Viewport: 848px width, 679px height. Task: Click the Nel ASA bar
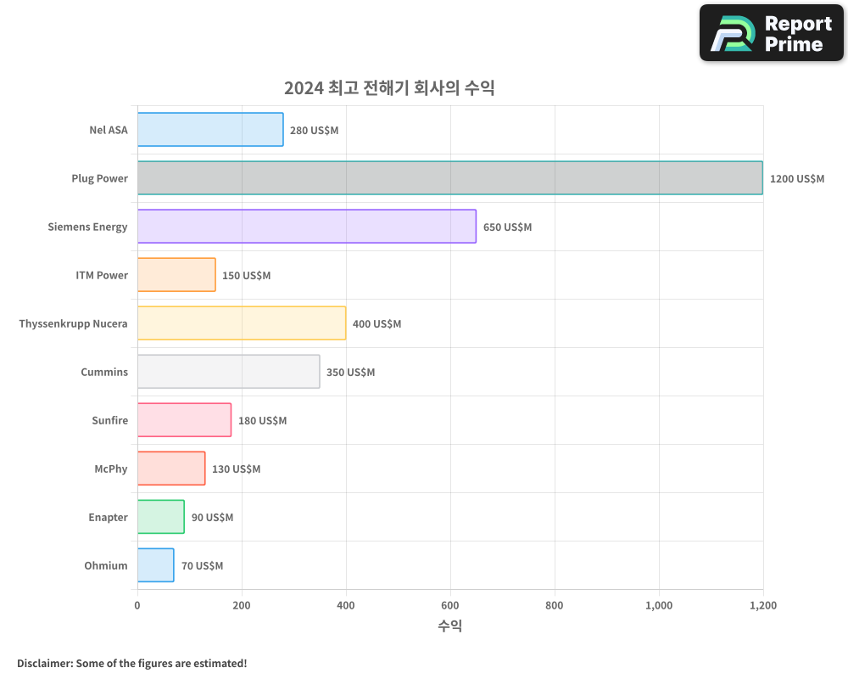[x=210, y=130]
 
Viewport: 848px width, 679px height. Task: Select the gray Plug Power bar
[x=449, y=178]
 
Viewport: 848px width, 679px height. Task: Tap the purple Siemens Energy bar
[x=306, y=227]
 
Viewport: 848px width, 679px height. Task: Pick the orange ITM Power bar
[x=176, y=275]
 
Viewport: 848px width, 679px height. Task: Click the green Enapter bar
[x=160, y=517]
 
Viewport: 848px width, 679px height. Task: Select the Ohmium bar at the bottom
[x=155, y=565]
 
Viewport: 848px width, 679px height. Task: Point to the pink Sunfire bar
[x=184, y=420]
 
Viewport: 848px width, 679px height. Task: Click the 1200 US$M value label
[x=796, y=179]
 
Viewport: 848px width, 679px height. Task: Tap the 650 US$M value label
[x=507, y=227]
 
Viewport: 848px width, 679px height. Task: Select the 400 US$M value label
[x=377, y=324]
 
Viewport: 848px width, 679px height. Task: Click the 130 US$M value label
[x=236, y=469]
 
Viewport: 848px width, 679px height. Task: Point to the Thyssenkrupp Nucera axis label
[x=73, y=323]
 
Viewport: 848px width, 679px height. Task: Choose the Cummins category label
[x=104, y=372]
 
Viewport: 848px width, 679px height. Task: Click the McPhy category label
[x=111, y=469]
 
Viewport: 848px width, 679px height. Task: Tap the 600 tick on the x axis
[x=450, y=606]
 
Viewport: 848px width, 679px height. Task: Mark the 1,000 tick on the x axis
[x=659, y=606]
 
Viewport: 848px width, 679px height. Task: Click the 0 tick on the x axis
[x=137, y=606]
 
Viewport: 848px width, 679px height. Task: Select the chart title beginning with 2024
[x=389, y=88]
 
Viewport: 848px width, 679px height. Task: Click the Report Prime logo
[x=771, y=32]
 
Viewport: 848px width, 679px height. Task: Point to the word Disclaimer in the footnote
[x=43, y=663]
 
